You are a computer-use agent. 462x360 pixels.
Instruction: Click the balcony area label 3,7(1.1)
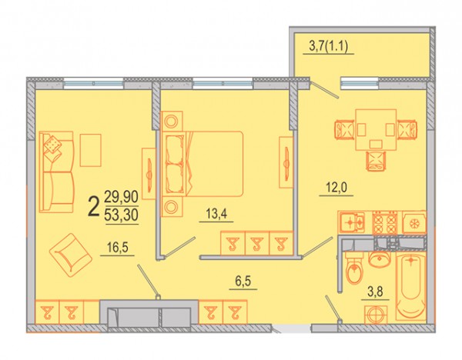tap(329, 47)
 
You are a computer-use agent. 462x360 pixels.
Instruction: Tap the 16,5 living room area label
tap(118, 248)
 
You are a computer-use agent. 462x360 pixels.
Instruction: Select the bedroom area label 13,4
tap(216, 214)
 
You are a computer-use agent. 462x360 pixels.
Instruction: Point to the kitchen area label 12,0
tap(336, 188)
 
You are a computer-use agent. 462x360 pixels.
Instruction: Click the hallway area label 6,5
tap(243, 282)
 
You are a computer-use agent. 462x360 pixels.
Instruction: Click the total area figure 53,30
tap(122, 215)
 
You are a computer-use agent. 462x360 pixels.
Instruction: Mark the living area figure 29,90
tap(122, 197)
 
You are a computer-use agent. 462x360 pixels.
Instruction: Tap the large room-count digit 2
tap(94, 207)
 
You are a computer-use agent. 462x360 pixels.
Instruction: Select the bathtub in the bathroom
tap(411, 285)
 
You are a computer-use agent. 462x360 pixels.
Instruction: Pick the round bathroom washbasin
tap(380, 260)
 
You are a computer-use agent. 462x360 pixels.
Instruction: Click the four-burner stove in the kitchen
tap(384, 223)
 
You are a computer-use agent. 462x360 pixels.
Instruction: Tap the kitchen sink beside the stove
tap(352, 222)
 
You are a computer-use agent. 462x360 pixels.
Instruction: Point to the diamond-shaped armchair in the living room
tap(71, 255)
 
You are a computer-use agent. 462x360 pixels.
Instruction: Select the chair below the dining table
tap(376, 161)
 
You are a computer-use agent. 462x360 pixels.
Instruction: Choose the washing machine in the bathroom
tap(376, 315)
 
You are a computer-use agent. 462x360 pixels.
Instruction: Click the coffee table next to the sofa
tap(90, 151)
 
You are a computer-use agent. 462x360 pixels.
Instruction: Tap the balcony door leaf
tap(325, 90)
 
